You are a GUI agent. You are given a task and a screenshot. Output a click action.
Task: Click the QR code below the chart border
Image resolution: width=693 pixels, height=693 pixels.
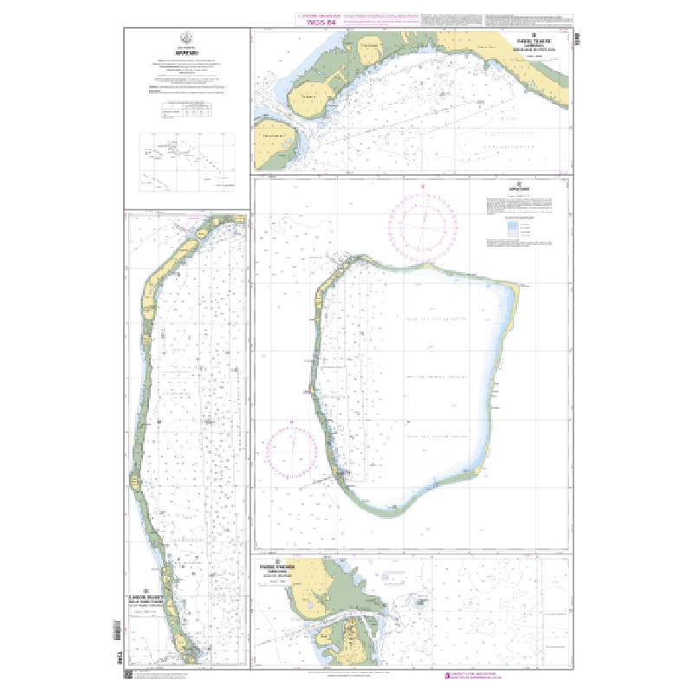tap(127, 675)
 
